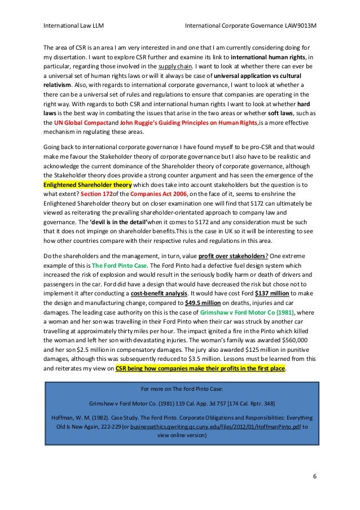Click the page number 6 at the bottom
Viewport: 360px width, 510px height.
(315, 476)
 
